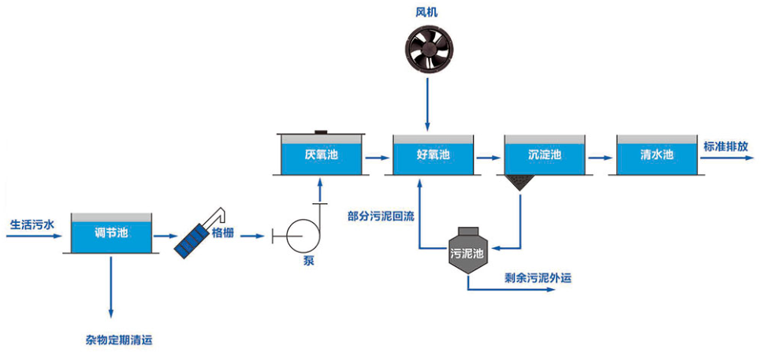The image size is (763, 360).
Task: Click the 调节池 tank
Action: [x=111, y=233]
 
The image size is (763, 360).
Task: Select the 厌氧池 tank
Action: [x=321, y=154]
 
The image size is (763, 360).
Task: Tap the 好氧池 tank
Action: [x=433, y=154]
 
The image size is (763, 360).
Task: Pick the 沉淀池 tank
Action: [x=545, y=154]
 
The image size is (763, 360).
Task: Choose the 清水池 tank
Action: [x=657, y=154]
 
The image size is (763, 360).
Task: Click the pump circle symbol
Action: [x=302, y=236]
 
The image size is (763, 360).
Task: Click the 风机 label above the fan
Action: [x=426, y=12]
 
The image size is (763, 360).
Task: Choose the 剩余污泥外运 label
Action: [x=538, y=278]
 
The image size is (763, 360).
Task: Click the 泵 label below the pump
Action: [x=308, y=260]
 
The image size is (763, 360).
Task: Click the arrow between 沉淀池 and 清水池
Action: [x=600, y=158]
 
